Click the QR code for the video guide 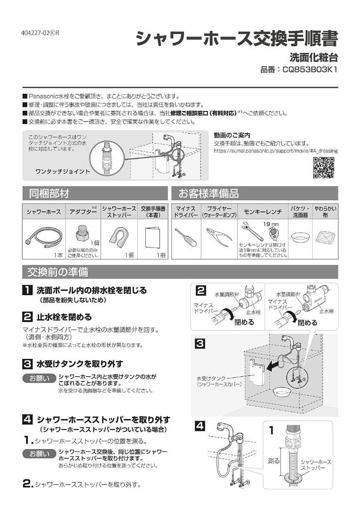point(324,168)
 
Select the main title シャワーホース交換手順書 point(236,38)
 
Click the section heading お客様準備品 point(208,193)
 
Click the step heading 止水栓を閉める point(64,317)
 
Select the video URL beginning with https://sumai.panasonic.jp point(276,151)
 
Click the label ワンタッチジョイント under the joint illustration point(62,171)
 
